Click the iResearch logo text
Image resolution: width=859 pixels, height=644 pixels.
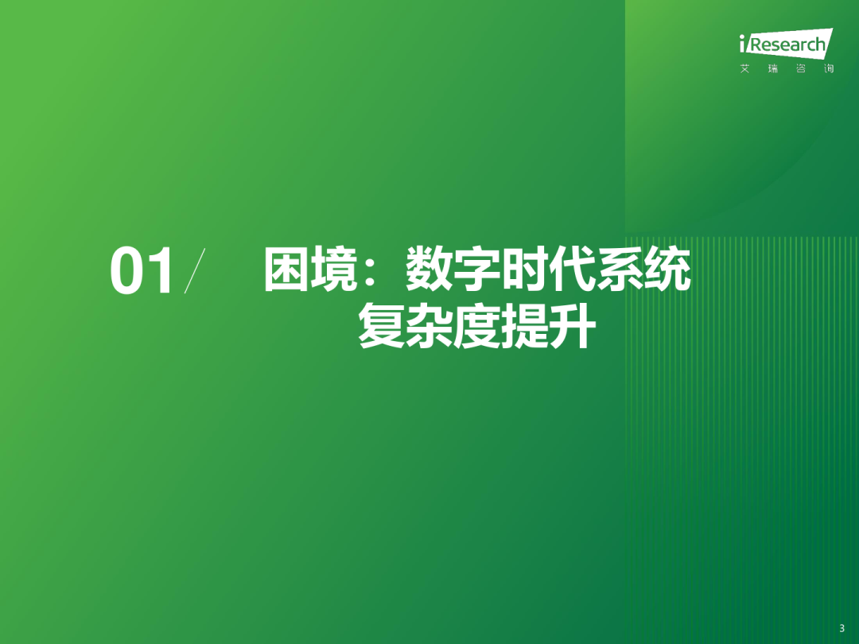click(x=786, y=44)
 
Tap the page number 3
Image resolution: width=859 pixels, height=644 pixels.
click(x=842, y=629)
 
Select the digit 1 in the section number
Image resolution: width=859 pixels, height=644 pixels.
click(x=160, y=270)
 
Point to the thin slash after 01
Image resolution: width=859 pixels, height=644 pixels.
click(x=195, y=270)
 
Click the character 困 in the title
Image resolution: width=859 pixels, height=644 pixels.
click(x=286, y=270)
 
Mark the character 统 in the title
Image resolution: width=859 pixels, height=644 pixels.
click(x=667, y=270)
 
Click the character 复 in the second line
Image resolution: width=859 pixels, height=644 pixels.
click(x=381, y=326)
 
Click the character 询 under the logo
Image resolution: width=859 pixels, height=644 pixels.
click(x=828, y=68)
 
